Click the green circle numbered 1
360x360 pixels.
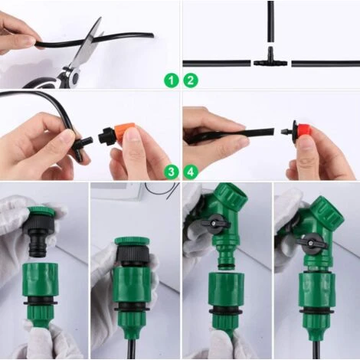[171, 80]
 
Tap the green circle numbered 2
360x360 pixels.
[191, 80]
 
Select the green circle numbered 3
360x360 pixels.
[171, 172]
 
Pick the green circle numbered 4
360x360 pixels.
[191, 172]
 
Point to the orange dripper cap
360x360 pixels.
[125, 134]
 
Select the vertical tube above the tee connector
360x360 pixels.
[270, 21]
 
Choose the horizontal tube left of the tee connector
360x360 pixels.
[217, 64]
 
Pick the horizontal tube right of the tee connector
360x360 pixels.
[326, 64]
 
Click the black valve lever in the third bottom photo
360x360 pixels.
[215, 224]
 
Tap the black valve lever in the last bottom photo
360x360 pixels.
[312, 244]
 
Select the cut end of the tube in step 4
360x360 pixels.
[273, 132]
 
